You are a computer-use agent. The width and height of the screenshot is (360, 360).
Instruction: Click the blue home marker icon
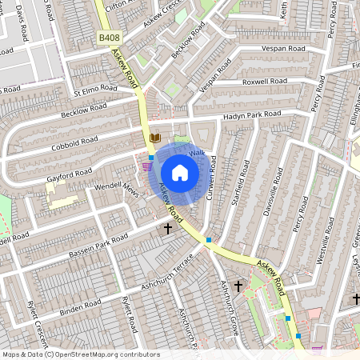pos(180,173)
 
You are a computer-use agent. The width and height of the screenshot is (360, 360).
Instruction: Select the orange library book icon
pos(155,138)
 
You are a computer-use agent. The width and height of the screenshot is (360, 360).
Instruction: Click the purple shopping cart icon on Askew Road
pos(146,166)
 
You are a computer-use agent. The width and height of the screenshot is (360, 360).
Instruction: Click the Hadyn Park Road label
pos(254,115)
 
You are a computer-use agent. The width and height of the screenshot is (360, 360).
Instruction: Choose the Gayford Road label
pos(70,172)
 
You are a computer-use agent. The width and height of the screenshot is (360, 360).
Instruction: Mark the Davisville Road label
pos(273,192)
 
